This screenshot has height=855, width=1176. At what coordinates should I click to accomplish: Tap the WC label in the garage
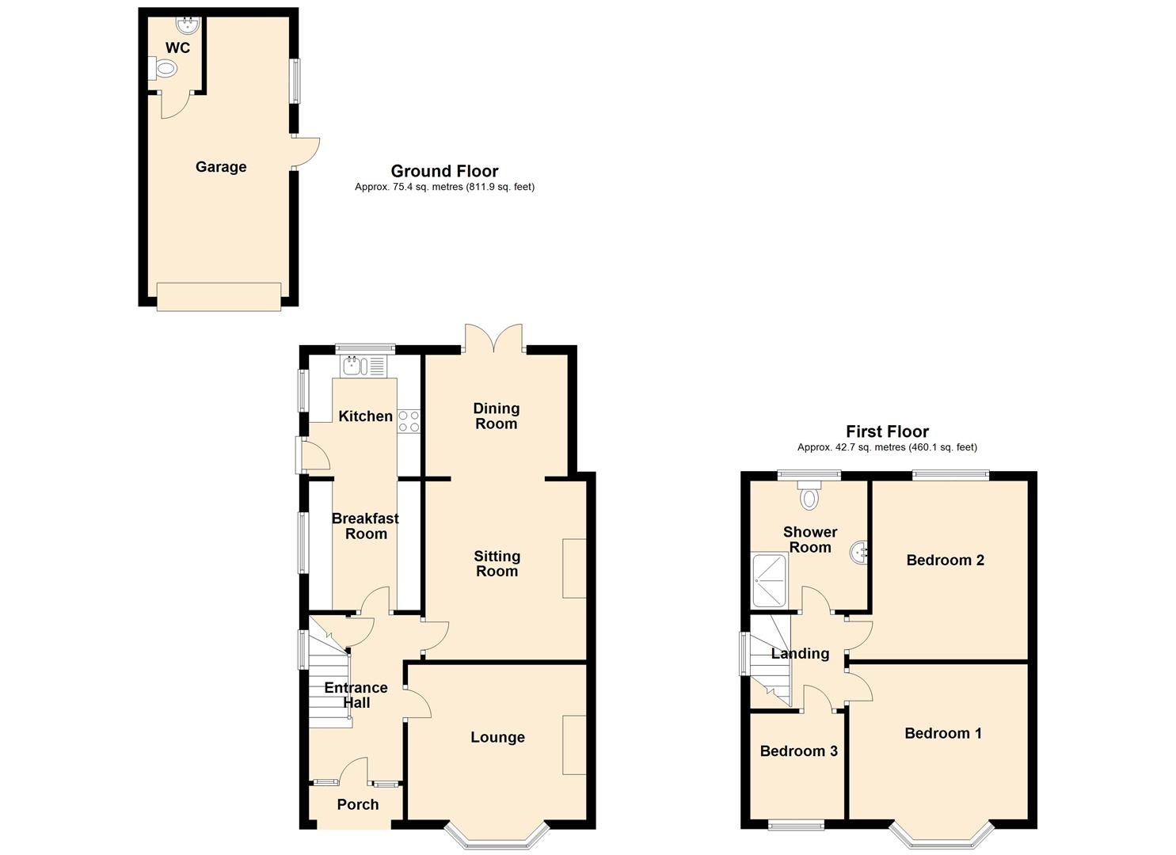click(177, 48)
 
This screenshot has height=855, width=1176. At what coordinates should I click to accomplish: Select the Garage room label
click(221, 167)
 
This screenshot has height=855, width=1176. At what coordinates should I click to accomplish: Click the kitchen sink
click(352, 366)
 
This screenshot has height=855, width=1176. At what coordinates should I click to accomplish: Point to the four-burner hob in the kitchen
click(409, 421)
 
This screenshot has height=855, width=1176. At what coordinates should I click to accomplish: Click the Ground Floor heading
click(445, 171)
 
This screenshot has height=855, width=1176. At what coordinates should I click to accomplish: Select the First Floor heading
click(887, 431)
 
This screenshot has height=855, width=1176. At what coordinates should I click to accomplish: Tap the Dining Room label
click(496, 416)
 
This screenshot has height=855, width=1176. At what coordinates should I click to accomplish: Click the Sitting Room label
click(497, 563)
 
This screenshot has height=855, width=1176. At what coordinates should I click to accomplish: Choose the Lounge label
click(497, 737)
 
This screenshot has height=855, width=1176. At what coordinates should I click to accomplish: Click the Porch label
click(357, 804)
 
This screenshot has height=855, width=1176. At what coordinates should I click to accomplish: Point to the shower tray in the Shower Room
click(771, 580)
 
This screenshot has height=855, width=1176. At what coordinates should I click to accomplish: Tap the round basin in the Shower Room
click(858, 553)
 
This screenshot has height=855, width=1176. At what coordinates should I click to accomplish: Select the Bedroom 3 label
click(798, 751)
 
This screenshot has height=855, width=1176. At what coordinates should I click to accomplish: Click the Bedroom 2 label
click(945, 560)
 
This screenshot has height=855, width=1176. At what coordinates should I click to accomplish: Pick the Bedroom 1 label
click(943, 733)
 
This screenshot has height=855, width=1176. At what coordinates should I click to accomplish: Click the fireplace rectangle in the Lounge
click(574, 745)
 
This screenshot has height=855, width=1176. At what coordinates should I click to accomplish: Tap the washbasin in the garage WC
click(188, 24)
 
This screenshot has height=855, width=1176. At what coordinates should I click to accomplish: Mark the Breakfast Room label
click(365, 526)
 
